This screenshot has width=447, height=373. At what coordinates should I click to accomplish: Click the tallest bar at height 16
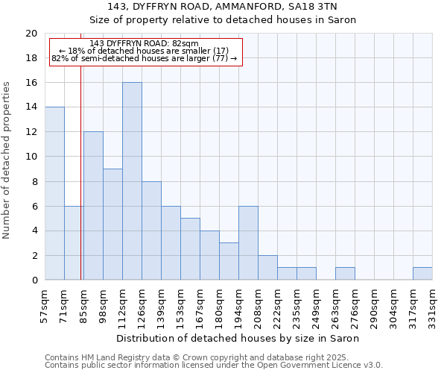point(132,181)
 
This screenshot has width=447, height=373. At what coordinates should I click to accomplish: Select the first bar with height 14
point(54,193)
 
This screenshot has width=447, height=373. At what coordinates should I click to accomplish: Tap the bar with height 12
point(93,206)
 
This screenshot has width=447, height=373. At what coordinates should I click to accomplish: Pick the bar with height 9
point(112,225)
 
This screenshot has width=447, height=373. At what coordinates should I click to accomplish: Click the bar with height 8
point(151,231)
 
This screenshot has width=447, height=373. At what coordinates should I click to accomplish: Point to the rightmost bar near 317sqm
point(422,274)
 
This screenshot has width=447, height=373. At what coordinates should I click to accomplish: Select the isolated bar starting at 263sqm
point(345,274)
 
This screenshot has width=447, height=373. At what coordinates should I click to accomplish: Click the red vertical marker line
point(80,164)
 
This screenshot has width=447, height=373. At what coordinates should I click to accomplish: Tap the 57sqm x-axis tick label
point(45,305)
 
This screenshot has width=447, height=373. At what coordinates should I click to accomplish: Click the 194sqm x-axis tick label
point(238,305)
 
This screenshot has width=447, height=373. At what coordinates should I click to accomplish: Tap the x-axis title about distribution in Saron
point(238,338)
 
